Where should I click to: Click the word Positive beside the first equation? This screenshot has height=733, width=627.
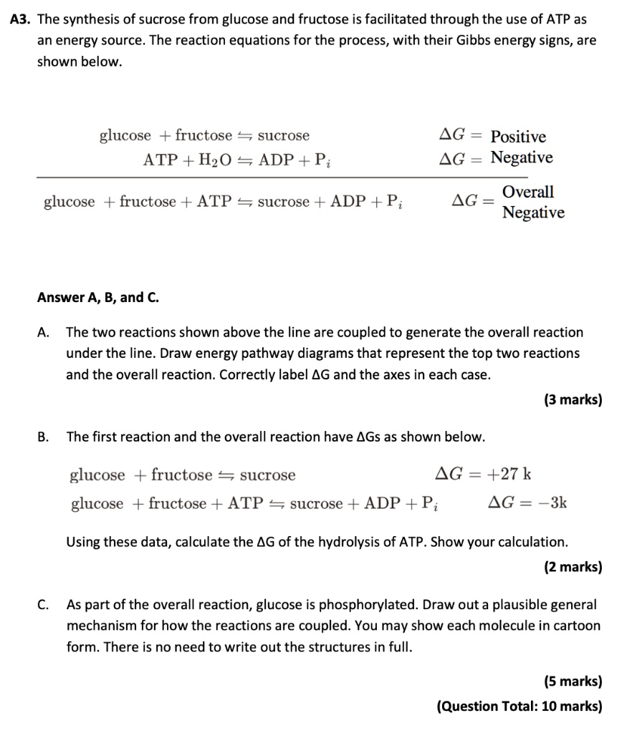[518, 137]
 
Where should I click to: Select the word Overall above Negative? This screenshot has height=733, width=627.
[528, 192]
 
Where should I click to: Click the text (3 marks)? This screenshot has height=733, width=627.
[573, 400]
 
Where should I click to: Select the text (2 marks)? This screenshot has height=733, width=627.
[573, 567]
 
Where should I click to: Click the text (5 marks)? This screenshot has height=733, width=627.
[573, 681]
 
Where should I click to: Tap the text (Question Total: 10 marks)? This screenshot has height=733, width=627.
[519, 706]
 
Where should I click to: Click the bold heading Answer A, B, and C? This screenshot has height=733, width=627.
[97, 297]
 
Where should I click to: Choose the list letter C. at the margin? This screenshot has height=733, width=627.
[44, 604]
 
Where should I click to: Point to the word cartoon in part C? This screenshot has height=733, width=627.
[578, 625]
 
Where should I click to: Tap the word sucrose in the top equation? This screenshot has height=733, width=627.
[284, 136]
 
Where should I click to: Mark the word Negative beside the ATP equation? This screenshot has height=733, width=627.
[522, 157]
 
